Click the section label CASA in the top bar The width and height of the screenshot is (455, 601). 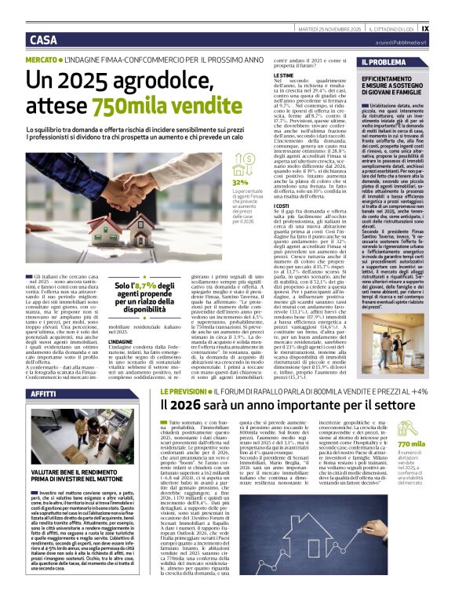(x=43, y=40)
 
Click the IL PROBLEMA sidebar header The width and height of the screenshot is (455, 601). (x=384, y=62)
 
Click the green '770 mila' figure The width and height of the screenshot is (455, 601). (x=412, y=443)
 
